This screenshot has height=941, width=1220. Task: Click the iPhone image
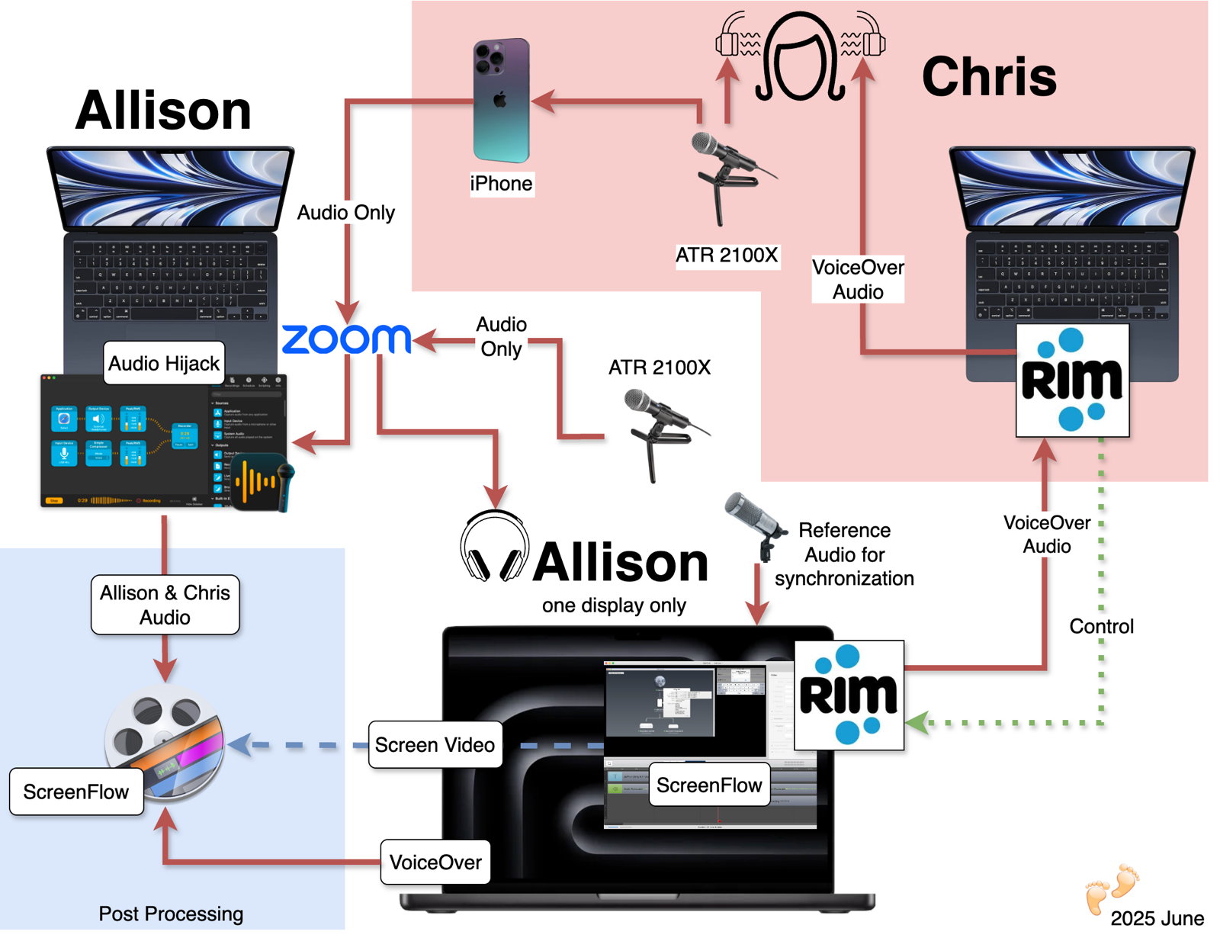[x=501, y=101]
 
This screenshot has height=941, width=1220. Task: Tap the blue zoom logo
[x=346, y=339]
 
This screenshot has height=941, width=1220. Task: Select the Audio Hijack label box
[x=164, y=364]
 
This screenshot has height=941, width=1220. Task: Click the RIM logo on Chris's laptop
[x=1072, y=381]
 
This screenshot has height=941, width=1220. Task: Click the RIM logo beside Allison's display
[x=849, y=695]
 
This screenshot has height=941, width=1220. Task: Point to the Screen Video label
[x=435, y=745]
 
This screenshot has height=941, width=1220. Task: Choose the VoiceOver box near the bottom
[x=435, y=862]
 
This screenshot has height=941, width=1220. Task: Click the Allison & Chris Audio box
[x=165, y=605]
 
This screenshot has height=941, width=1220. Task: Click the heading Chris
[x=989, y=77]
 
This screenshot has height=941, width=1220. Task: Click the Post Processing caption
[x=171, y=914]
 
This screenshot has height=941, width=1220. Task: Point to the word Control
[x=1101, y=627]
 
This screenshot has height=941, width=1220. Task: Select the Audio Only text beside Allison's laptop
[x=345, y=213]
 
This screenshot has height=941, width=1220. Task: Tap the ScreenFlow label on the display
[x=709, y=785]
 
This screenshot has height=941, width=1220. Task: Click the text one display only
[x=614, y=605]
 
